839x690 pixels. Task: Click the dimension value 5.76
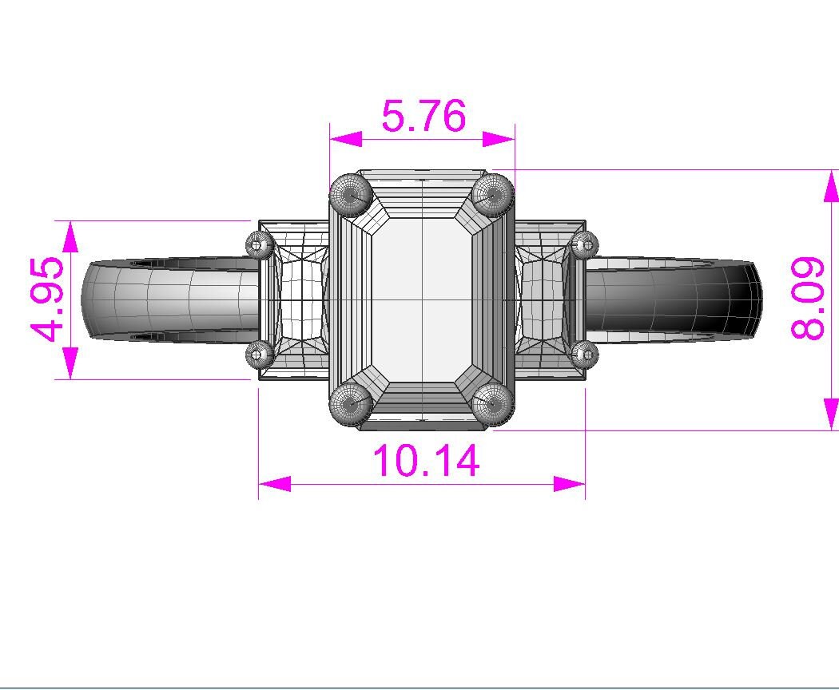(x=423, y=117)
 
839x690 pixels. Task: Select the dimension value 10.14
(x=426, y=461)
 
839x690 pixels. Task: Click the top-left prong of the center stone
(x=351, y=194)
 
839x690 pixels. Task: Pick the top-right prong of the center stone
(x=492, y=194)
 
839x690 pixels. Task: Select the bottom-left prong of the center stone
(x=351, y=404)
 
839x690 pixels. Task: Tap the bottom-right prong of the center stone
(x=492, y=404)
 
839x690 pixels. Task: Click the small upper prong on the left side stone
(x=259, y=244)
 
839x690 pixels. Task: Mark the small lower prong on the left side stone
(x=259, y=352)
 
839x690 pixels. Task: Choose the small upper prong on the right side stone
(x=586, y=244)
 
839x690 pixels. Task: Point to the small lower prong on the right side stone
(x=586, y=352)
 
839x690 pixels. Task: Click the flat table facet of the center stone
(x=422, y=299)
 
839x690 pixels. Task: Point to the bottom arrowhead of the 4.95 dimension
(x=70, y=363)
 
